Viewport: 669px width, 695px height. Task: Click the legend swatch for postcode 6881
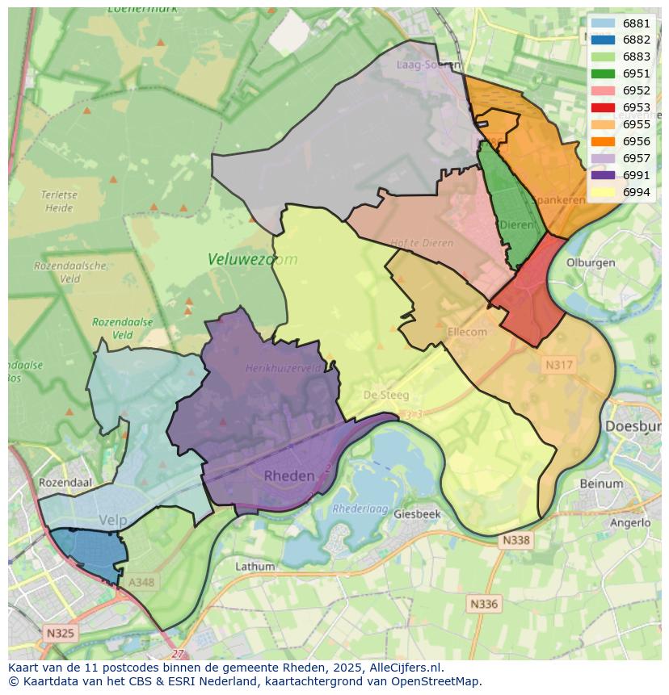click(x=603, y=23)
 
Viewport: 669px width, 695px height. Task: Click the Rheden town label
click(x=289, y=476)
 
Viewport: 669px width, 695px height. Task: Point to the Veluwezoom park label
click(x=252, y=259)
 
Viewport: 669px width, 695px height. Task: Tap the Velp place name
click(x=112, y=521)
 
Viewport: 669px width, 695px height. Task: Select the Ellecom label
click(x=467, y=332)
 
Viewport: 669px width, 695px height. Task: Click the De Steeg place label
click(x=386, y=396)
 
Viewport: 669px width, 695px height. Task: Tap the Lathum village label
click(x=255, y=567)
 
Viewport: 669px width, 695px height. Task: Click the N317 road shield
click(x=558, y=365)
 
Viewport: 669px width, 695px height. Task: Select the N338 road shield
click(x=515, y=540)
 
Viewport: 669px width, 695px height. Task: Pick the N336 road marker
click(x=483, y=603)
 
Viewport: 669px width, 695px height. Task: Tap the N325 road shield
click(x=60, y=633)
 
